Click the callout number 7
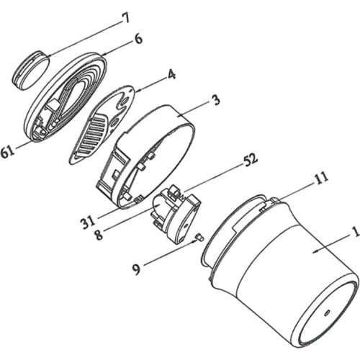click(126, 18)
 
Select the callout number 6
click(138, 39)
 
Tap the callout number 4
click(171, 74)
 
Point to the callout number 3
click(217, 100)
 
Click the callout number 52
click(251, 159)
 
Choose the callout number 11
click(320, 179)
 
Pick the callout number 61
click(8, 152)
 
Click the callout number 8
click(99, 234)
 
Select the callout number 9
click(136, 269)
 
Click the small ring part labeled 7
click(31, 70)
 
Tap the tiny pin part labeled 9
click(199, 238)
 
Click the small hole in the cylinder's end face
click(327, 312)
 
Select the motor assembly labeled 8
click(176, 214)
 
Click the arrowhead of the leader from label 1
click(316, 251)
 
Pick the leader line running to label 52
click(212, 179)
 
